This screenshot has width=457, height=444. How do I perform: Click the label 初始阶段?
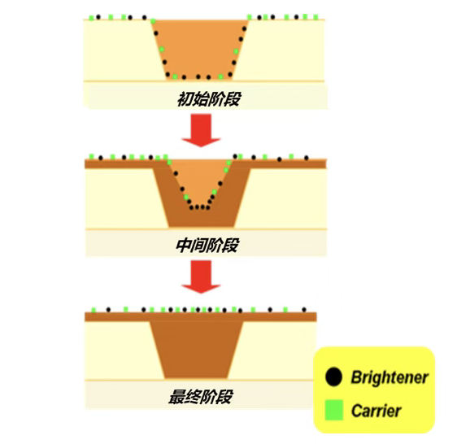(209, 99)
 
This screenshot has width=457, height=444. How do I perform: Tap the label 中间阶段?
(207, 245)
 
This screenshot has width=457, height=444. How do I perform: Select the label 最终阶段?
(201, 396)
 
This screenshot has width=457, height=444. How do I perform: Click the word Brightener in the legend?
(390, 377)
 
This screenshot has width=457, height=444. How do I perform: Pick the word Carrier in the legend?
(376, 411)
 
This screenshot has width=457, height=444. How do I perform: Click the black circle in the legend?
(333, 377)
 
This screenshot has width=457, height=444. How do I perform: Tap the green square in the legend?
(333, 410)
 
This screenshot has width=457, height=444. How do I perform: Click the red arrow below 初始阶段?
(201, 131)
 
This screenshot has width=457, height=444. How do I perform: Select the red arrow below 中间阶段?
(201, 276)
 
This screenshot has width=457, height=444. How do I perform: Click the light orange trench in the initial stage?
(200, 48)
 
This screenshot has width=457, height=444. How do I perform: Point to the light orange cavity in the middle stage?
(198, 181)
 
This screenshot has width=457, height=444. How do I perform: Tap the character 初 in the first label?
(185, 99)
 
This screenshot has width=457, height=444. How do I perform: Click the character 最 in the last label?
(176, 396)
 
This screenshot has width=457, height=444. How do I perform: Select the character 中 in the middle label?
(184, 245)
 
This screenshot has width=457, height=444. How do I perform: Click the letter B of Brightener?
(356, 377)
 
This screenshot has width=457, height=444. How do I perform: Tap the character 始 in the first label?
(201, 99)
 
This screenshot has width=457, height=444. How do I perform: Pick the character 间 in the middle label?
(200, 245)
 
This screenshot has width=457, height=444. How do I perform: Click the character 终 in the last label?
(193, 396)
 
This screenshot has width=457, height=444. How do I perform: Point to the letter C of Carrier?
(357, 411)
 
